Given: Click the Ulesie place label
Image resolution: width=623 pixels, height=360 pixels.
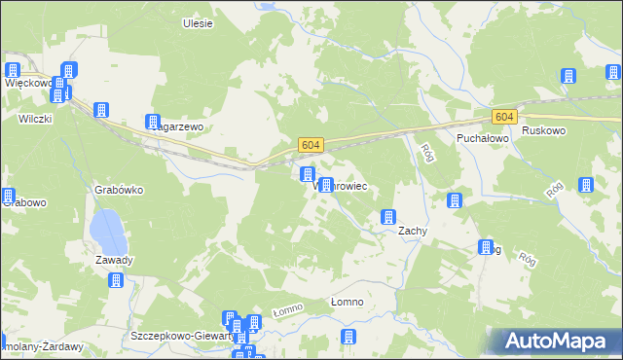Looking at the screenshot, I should click(198, 22).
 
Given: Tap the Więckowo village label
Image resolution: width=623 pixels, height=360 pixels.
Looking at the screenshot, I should click(27, 83).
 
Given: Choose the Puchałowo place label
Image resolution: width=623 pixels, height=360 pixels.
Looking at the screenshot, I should click(484, 139).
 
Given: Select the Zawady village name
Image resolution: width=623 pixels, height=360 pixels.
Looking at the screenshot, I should click(114, 260).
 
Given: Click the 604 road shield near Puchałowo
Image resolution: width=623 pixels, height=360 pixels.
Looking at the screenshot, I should click(503, 117).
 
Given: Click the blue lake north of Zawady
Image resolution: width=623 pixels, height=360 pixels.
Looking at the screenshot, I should click(104, 231).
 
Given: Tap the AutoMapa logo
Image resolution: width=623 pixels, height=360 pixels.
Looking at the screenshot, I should click(558, 342).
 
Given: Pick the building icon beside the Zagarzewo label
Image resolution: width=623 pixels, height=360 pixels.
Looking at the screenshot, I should click(153, 123).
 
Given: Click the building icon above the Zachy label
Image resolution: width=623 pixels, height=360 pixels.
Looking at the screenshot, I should click(388, 216).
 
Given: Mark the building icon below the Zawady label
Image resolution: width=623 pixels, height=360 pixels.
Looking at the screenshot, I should click(116, 281).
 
